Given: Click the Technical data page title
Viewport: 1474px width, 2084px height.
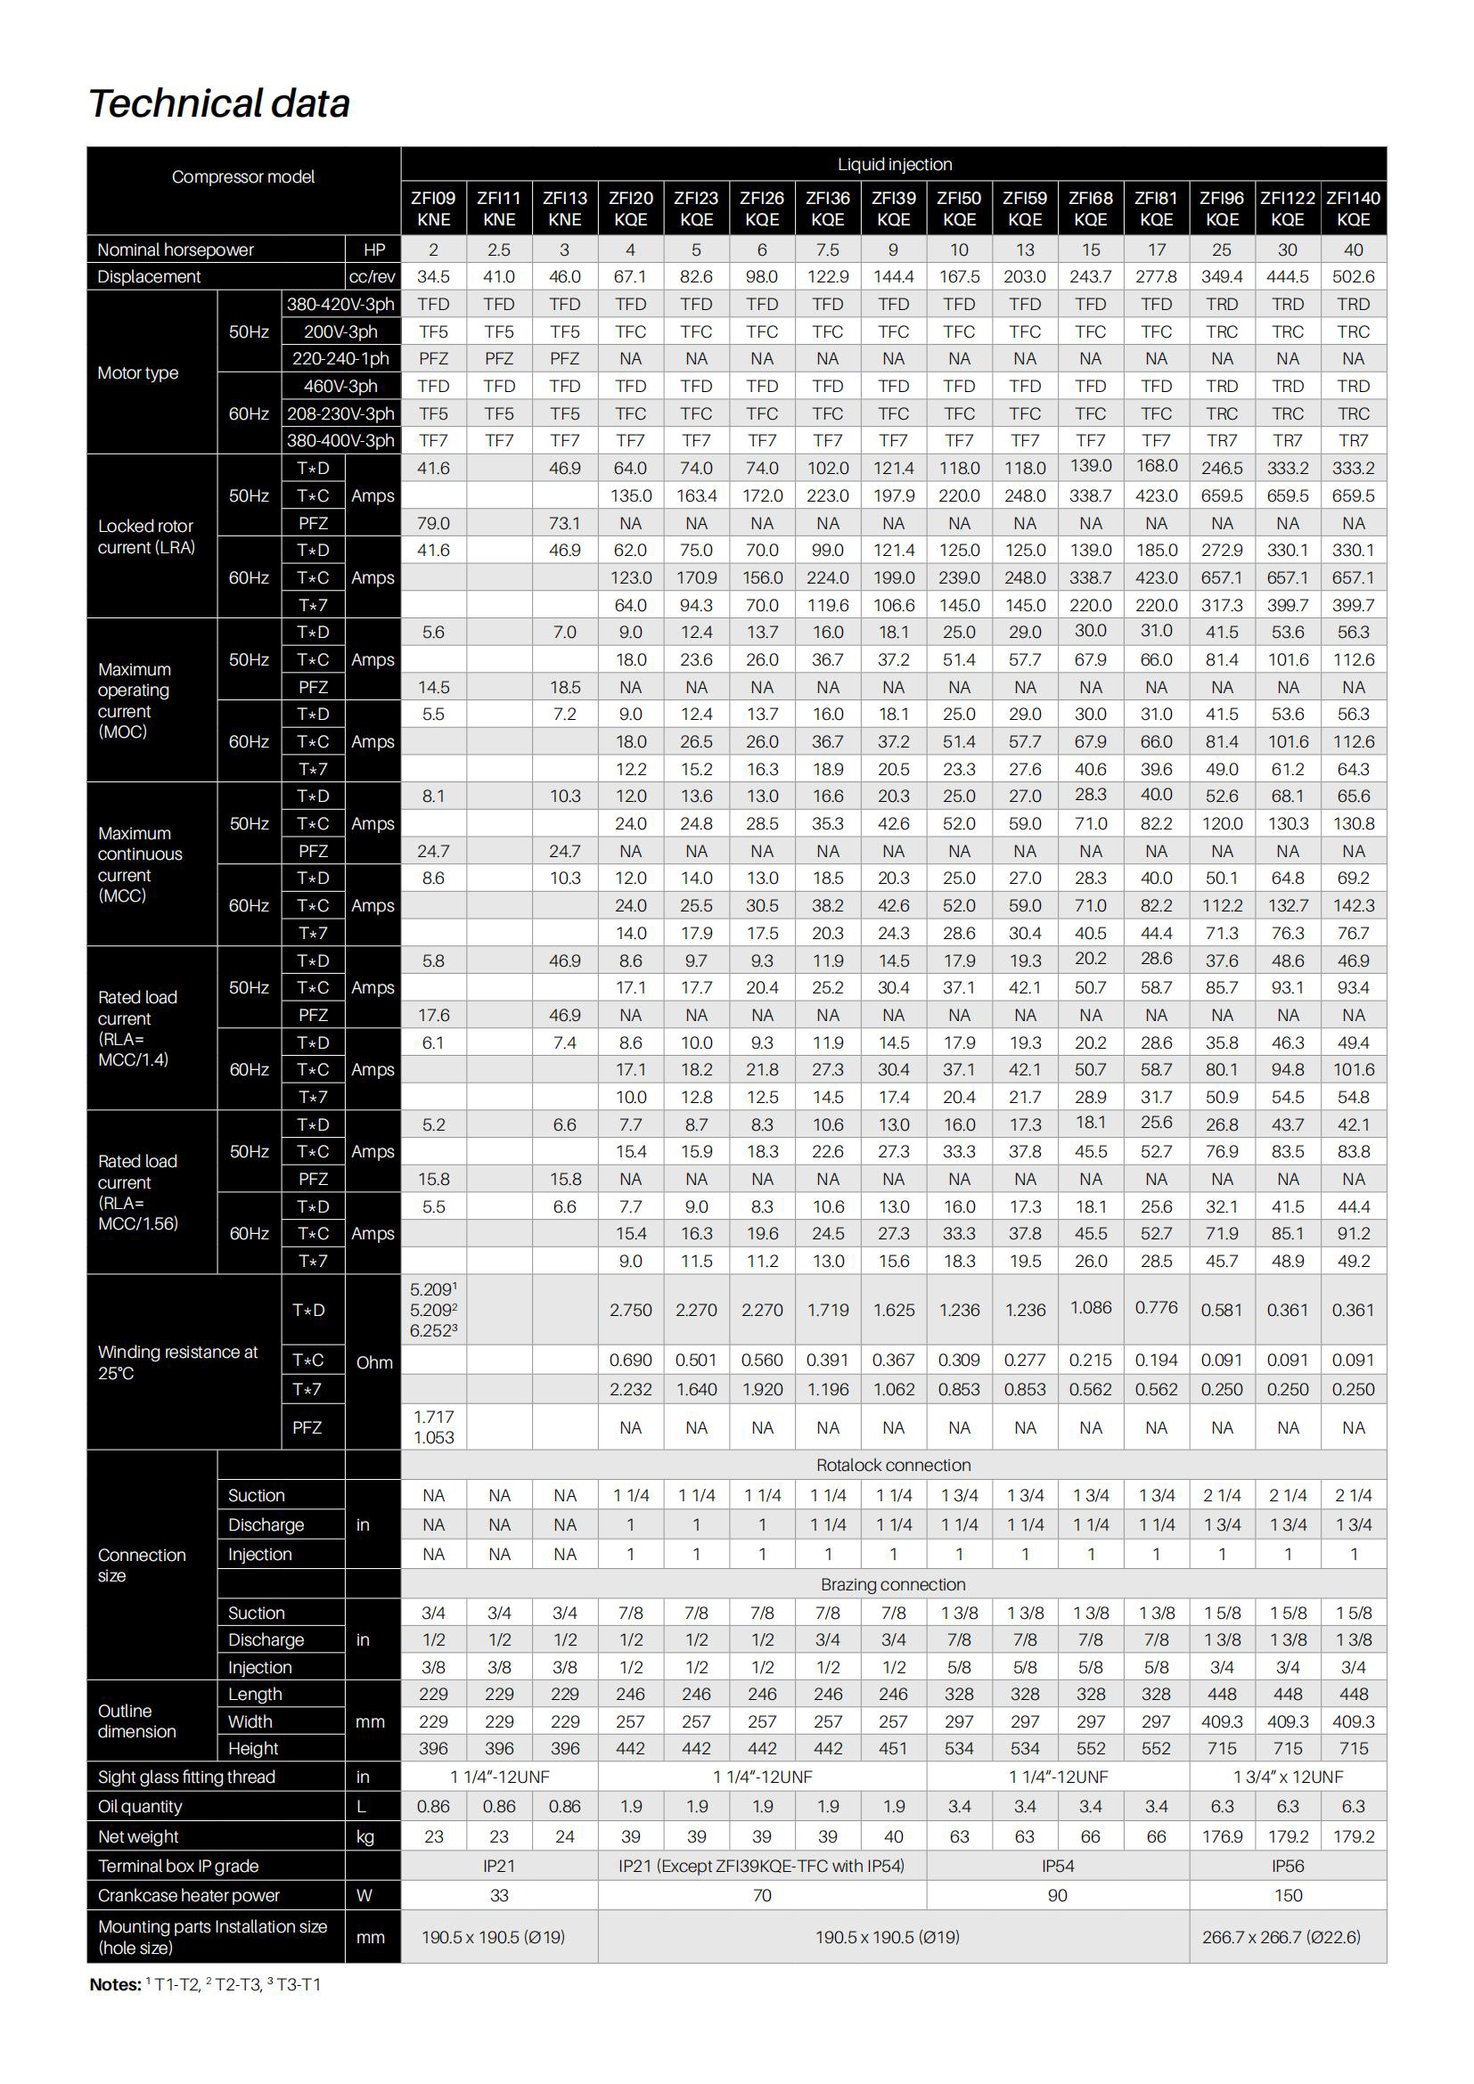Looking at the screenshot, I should click(x=218, y=103).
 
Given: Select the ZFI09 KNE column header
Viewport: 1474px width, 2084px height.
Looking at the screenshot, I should click(x=433, y=208).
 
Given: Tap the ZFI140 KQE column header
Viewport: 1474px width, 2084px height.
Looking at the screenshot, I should click(x=1353, y=208).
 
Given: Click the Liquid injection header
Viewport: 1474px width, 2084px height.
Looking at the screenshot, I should click(x=894, y=164).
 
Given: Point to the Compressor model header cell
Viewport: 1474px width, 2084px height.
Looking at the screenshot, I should click(x=243, y=177).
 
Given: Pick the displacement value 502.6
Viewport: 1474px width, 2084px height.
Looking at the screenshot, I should click(x=1353, y=277).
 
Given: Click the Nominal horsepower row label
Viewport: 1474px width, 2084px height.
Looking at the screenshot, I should click(x=176, y=249).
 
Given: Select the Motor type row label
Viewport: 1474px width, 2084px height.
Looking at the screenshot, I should click(x=138, y=373).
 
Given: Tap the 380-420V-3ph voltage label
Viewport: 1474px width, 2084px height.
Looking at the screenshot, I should click(x=340, y=304).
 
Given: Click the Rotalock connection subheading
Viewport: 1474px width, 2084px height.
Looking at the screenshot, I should click(x=893, y=1465).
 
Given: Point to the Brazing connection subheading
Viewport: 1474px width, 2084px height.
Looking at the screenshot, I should click(x=893, y=1584).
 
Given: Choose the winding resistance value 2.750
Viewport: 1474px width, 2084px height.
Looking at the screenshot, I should click(x=630, y=1310).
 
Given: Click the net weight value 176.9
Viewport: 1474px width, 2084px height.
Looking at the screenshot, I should click(x=1222, y=1836).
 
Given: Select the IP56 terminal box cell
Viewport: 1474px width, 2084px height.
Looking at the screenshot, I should click(x=1287, y=1867).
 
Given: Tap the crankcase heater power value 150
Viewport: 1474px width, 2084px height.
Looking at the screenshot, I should click(x=1287, y=1895).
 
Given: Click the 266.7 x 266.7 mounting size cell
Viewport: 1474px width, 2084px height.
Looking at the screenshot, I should click(x=1281, y=1937).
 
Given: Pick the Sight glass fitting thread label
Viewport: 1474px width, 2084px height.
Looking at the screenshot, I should click(x=186, y=1778).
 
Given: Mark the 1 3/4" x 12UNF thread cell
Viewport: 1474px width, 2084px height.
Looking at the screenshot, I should click(x=1287, y=1777).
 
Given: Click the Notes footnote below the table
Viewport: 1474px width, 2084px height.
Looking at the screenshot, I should click(x=205, y=1984).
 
